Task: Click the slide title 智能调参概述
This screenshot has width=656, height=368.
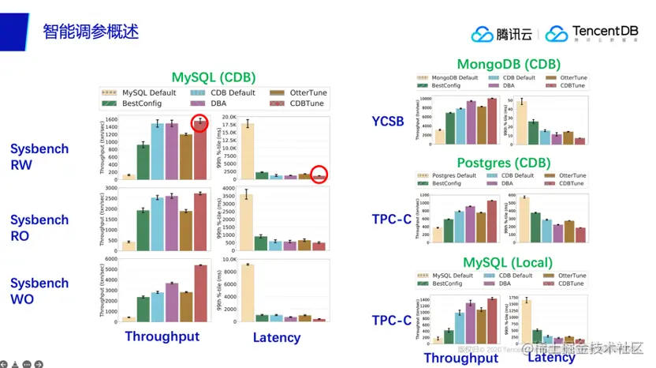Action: [x=90, y=32]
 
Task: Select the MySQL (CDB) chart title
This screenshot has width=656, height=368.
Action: [x=214, y=77]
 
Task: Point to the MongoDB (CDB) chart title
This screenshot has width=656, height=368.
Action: [x=509, y=64]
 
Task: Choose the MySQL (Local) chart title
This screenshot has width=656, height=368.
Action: [x=508, y=262]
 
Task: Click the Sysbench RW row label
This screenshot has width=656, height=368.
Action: [x=39, y=156]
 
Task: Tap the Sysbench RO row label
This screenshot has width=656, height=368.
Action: [x=39, y=227]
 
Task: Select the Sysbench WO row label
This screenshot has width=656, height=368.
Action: [x=39, y=291]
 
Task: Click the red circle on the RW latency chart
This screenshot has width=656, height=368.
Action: [x=319, y=175]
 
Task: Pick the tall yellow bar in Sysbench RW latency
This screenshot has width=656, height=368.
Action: [x=248, y=151]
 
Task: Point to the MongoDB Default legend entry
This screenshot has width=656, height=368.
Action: [x=452, y=78]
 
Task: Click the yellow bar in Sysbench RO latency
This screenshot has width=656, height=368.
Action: [x=248, y=222]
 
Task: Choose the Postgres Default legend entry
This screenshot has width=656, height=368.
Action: [x=453, y=175]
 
